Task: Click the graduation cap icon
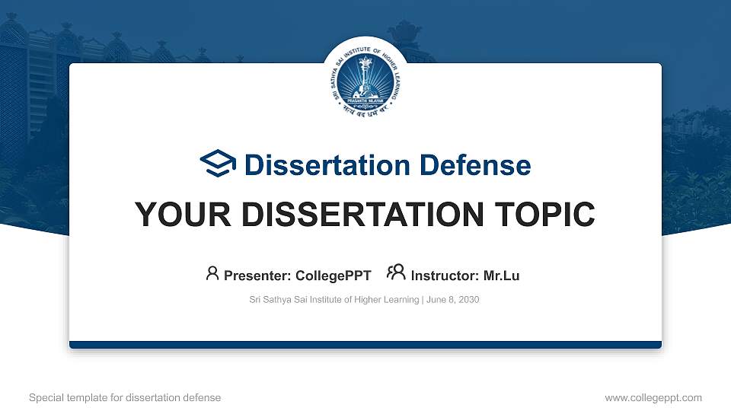click(218, 164)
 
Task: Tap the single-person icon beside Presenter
click(212, 273)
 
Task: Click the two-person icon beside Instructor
click(396, 273)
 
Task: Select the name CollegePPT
click(334, 276)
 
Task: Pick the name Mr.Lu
click(501, 276)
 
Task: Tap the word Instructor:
click(445, 276)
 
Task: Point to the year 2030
click(468, 300)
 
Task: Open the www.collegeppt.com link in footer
click(653, 397)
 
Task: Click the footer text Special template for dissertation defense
click(125, 397)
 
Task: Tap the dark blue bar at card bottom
click(365, 345)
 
